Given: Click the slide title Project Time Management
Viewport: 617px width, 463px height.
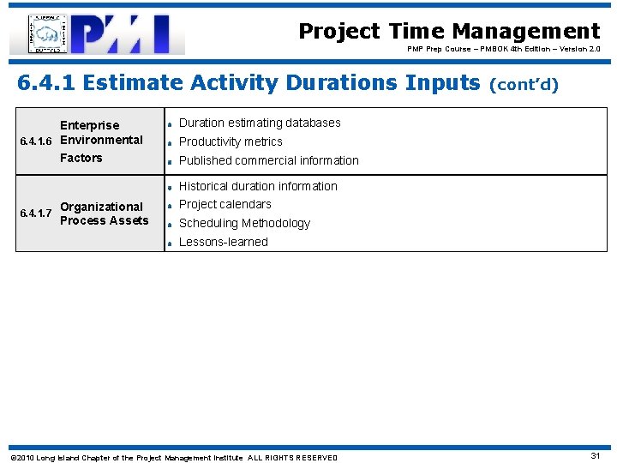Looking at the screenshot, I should (x=449, y=32).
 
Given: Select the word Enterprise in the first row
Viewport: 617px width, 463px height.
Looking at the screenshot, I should (x=89, y=125).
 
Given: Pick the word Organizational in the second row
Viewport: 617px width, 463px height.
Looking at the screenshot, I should (x=101, y=207).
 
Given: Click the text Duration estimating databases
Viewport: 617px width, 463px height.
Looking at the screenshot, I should (x=259, y=123).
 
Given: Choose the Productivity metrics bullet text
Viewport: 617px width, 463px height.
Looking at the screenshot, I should (x=230, y=141).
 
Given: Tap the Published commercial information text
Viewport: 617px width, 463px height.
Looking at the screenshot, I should (x=268, y=160).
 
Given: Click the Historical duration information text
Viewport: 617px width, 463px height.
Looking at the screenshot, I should (x=257, y=186).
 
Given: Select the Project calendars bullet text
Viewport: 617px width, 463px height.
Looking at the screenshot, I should (x=225, y=204).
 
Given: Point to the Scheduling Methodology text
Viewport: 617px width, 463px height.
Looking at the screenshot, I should (x=244, y=223).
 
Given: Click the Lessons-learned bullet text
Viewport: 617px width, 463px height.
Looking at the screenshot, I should (x=223, y=242).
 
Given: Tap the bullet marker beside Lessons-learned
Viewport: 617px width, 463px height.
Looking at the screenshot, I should (x=171, y=243).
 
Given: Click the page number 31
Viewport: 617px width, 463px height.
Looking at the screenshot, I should (x=596, y=456).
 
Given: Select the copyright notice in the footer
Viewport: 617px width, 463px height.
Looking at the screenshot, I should (x=173, y=458).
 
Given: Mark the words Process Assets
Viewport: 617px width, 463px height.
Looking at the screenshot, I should (x=104, y=220).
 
